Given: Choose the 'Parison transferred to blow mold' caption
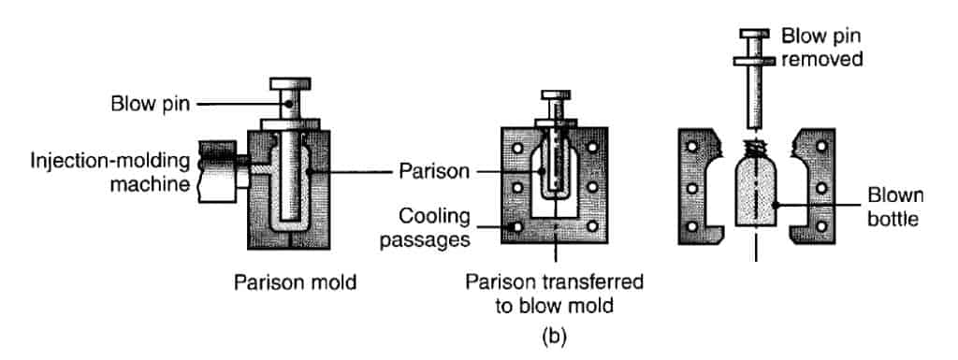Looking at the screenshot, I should pyautogui.click(x=559, y=292).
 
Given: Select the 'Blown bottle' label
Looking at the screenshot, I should pyautogui.click(x=894, y=207).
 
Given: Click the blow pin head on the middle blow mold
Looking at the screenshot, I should pyautogui.click(x=556, y=96).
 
